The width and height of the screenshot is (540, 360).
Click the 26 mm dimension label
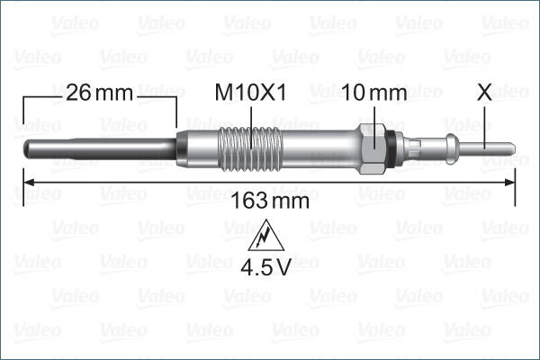click(99, 92)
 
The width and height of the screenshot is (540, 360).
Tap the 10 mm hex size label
click(374, 92)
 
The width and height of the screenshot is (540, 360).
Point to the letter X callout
click(484, 92)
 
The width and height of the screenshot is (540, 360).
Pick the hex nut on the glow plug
click(374, 145)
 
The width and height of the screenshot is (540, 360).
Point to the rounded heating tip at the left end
click(23, 147)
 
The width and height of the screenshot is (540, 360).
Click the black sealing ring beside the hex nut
click(390, 145)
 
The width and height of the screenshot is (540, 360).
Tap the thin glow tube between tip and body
click(99, 147)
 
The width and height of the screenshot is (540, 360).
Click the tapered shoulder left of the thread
click(179, 146)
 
